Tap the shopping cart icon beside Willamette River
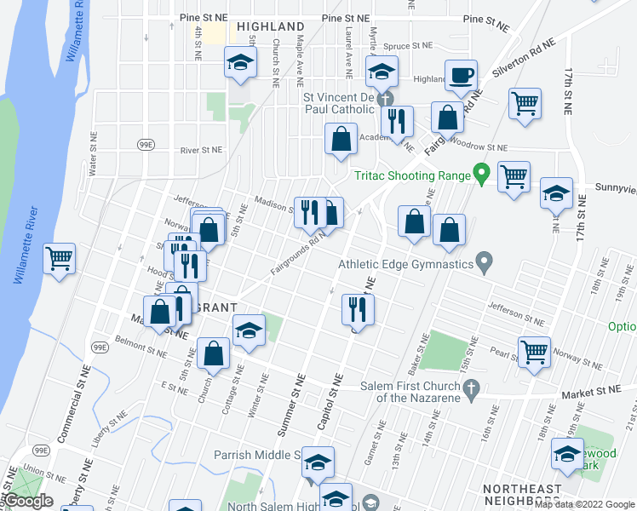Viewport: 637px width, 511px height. coord(59,258)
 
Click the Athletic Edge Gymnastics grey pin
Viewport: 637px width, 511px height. coord(485,263)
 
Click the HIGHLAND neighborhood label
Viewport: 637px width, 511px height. coord(270,26)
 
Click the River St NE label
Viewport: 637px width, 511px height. coord(201,150)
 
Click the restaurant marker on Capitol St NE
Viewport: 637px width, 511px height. coord(358,308)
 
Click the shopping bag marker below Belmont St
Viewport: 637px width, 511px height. coord(213,353)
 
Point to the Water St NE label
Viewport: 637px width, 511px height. coord(94,151)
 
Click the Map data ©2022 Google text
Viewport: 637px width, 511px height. coord(584,504)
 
